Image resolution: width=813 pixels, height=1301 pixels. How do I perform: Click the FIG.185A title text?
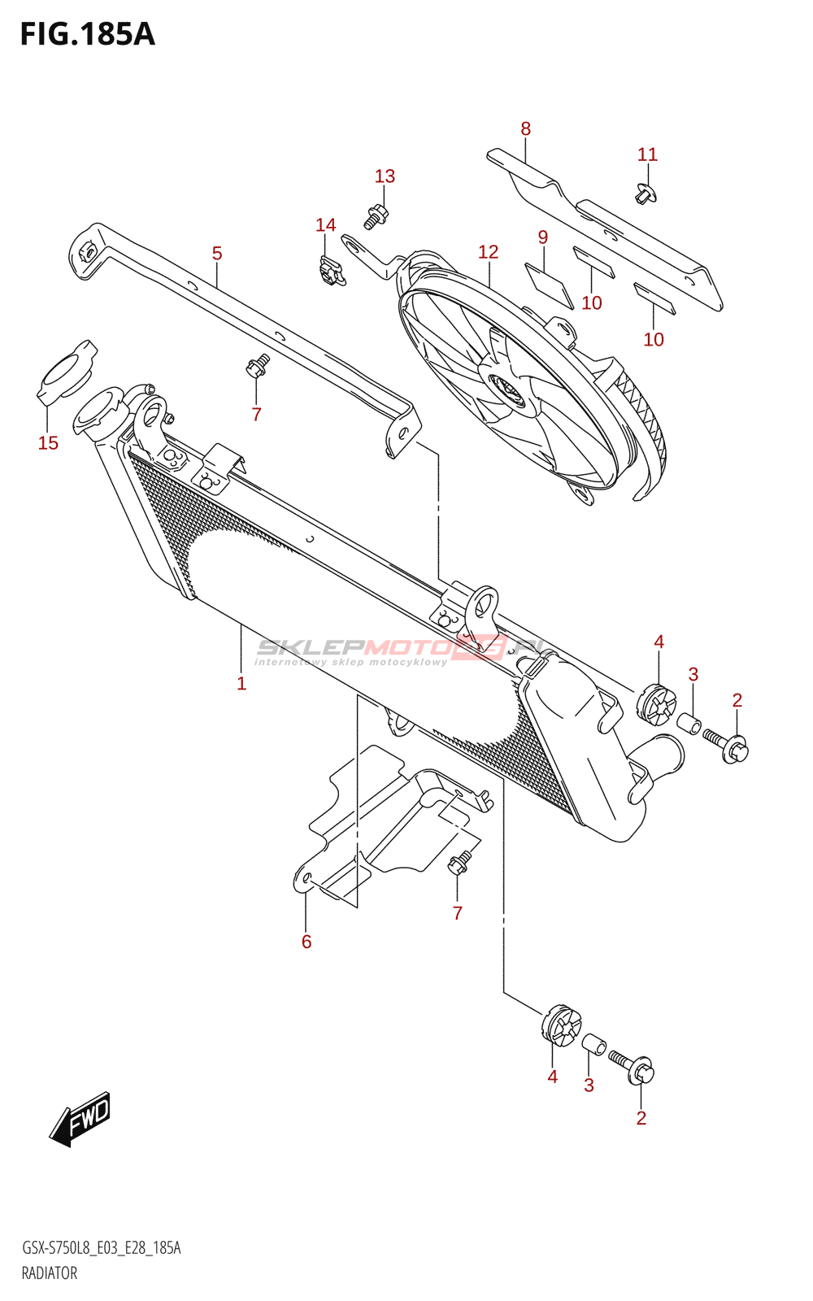87,34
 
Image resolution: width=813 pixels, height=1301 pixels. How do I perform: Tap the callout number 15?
48,442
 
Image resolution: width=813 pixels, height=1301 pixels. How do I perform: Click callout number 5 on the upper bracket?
217,254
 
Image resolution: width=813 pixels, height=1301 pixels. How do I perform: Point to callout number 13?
385,176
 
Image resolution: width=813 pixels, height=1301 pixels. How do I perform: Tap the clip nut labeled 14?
329,269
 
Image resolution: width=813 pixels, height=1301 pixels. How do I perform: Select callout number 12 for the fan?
488,252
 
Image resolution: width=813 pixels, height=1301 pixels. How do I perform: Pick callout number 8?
526,128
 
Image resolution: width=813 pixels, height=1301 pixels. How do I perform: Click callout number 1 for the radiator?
241,683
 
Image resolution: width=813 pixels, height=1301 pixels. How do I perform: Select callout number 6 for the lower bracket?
307,941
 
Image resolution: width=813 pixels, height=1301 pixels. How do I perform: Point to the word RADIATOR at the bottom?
50,1273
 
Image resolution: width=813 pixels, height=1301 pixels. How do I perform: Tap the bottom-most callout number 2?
641,1118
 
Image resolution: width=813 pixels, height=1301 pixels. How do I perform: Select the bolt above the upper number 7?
258,367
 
